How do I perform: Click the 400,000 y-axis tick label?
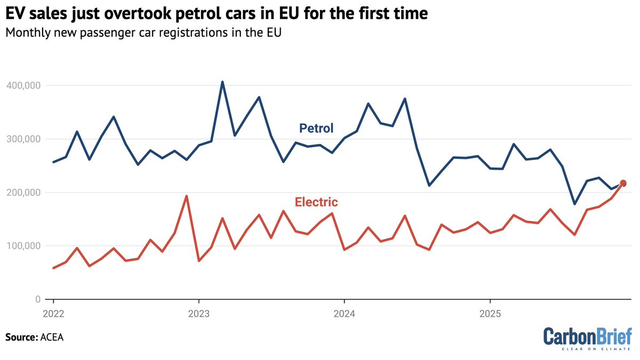tap(23, 85)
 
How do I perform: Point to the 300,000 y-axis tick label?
tap(23, 139)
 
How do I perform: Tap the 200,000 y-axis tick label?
tap(23, 193)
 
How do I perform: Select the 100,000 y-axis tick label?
tap(23, 246)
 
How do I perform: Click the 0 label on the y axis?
tap(38, 299)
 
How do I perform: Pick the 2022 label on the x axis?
tap(53, 314)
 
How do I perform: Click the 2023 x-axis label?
tap(199, 314)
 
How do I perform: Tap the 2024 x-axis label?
tap(345, 314)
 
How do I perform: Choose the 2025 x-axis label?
tap(490, 314)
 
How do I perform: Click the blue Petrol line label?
tap(316, 129)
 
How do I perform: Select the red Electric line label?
tap(316, 202)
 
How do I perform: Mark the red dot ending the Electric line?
tap(623, 183)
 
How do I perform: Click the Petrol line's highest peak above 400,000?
tap(222, 82)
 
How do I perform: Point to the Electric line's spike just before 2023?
tap(187, 196)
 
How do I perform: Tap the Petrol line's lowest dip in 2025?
tap(574, 204)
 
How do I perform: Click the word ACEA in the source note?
tap(52, 338)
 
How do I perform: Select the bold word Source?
tap(22, 338)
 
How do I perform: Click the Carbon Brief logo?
tap(587, 339)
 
